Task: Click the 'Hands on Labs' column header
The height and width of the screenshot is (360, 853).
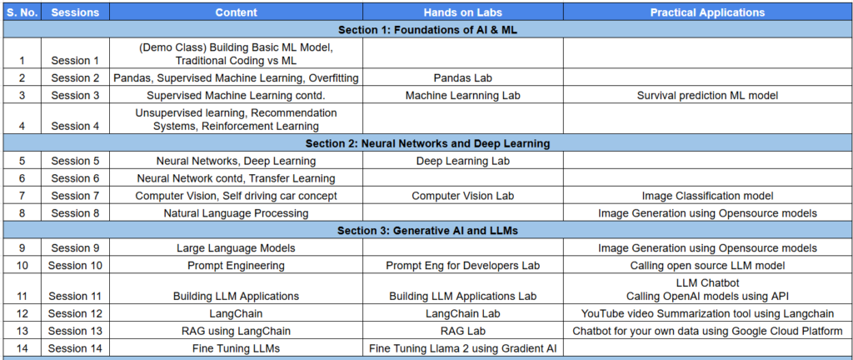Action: coord(463,12)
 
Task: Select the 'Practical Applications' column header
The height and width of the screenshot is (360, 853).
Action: coord(708,12)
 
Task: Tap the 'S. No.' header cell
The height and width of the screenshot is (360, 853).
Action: coord(22,12)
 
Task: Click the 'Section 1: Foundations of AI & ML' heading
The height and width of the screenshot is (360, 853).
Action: coord(427,30)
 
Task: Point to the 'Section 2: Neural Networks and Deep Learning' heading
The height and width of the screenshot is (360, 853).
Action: coord(427,143)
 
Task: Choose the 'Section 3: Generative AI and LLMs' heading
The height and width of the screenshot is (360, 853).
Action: coord(427,231)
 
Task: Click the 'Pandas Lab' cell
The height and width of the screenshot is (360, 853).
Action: coord(463,78)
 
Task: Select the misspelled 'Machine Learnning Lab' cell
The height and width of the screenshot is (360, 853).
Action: coord(463,96)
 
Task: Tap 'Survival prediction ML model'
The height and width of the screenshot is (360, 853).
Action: coord(708,96)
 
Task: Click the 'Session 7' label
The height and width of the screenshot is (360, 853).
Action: coord(76,196)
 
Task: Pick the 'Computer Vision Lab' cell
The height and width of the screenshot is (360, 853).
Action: coord(463,196)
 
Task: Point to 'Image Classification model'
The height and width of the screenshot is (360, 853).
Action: coord(708,196)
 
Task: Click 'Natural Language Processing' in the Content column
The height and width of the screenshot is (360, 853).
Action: coord(236,213)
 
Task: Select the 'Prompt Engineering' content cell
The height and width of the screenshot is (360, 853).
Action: coord(236,265)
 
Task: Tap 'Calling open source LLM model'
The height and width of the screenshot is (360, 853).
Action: coord(708,265)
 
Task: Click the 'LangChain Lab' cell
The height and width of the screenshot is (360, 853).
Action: coord(463,314)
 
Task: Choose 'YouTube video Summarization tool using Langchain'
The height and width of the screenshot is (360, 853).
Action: coord(708,314)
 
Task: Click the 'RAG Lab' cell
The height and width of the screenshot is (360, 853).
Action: coord(463,331)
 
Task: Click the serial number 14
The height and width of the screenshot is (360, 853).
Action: coord(22,348)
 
